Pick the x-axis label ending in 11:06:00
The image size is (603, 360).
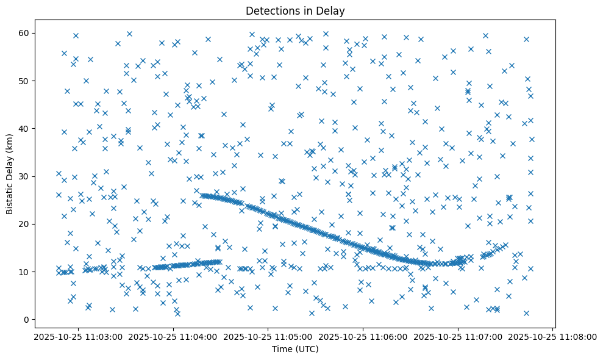(x=363, y=336)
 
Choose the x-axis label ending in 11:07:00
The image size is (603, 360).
(x=458, y=336)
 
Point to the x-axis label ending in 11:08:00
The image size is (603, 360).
(x=554, y=336)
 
